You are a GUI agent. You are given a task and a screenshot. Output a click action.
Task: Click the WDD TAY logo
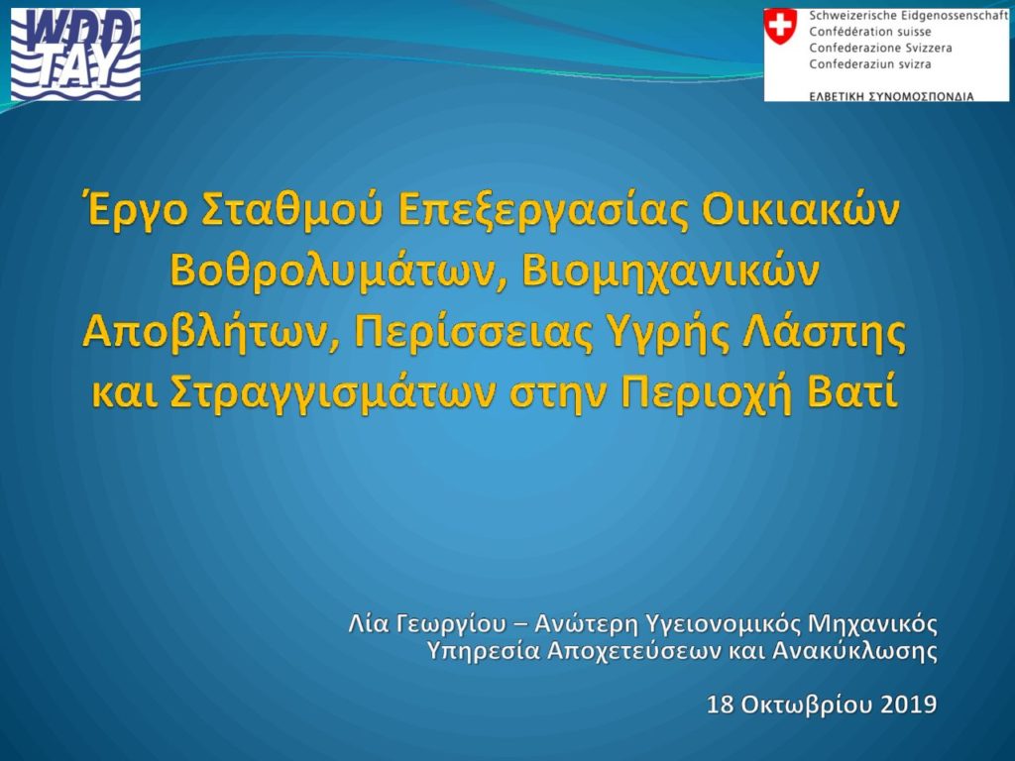click(x=75, y=54)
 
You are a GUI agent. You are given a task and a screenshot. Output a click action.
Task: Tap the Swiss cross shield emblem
click(x=781, y=26)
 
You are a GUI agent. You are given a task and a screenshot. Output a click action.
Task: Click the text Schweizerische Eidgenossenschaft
click(x=908, y=16)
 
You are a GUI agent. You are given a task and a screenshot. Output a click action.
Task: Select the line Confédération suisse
click(x=870, y=32)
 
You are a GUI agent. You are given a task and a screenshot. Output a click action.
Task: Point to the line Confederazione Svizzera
click(x=880, y=48)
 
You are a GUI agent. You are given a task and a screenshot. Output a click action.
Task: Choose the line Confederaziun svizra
click(x=870, y=64)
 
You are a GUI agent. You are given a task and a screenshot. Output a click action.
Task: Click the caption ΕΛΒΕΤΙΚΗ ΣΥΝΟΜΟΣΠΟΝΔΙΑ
click(x=891, y=96)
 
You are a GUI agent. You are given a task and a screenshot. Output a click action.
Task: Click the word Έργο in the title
click(x=136, y=212)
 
